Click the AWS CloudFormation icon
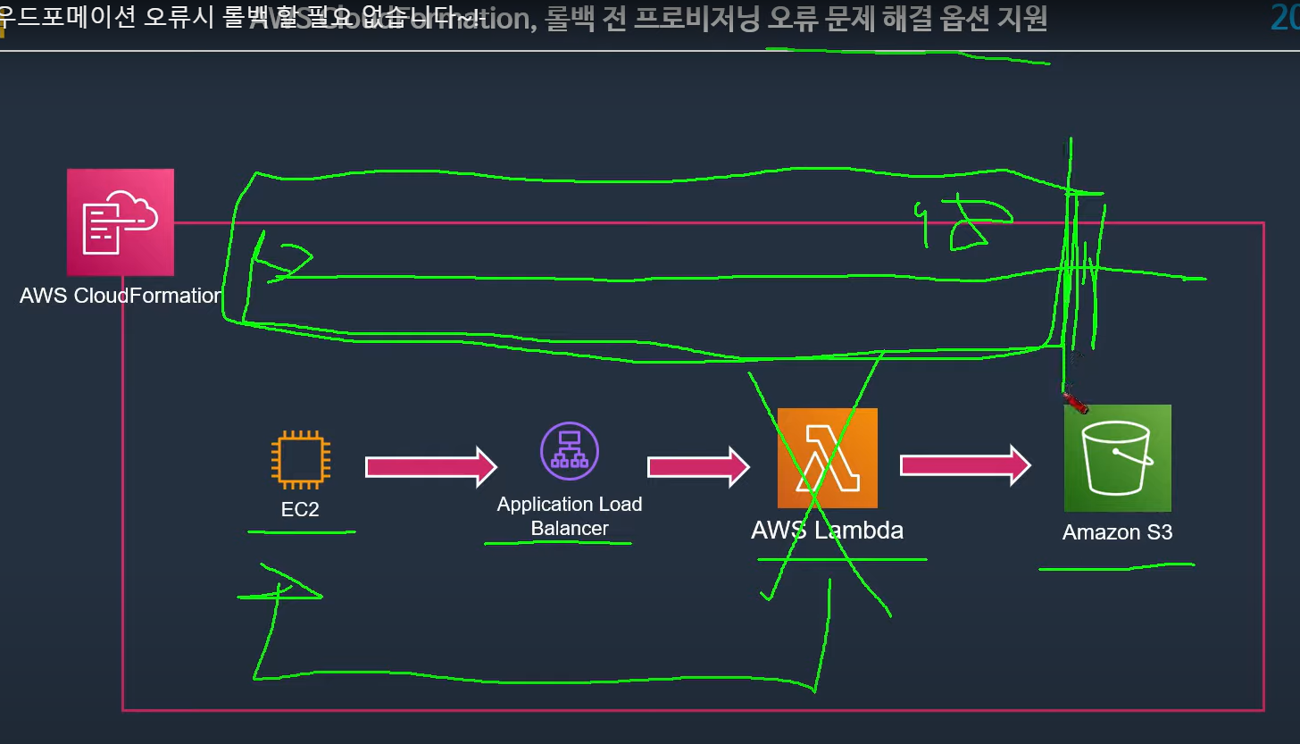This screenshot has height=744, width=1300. pyautogui.click(x=121, y=222)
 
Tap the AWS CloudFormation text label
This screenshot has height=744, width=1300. pyautogui.click(x=121, y=296)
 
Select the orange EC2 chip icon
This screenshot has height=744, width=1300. pyautogui.click(x=301, y=460)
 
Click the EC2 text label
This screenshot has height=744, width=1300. pyautogui.click(x=300, y=509)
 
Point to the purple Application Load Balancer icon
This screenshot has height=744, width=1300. pyautogui.click(x=570, y=452)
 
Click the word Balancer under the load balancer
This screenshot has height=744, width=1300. pyautogui.click(x=570, y=528)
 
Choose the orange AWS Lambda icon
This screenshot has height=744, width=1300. pyautogui.click(x=828, y=458)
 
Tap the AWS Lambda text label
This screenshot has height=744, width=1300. pyautogui.click(x=827, y=531)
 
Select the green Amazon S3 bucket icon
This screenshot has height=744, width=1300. pyautogui.click(x=1117, y=458)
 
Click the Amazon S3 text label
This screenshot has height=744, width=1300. pyautogui.click(x=1117, y=533)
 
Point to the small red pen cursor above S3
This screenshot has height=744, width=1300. pyautogui.click(x=1075, y=403)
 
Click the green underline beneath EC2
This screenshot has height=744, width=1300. pyautogui.click(x=301, y=532)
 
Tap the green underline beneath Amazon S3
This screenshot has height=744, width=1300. pyautogui.click(x=1116, y=565)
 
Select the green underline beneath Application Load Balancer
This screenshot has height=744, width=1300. pyautogui.click(x=558, y=542)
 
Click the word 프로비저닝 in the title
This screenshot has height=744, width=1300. pyautogui.click(x=695, y=19)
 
